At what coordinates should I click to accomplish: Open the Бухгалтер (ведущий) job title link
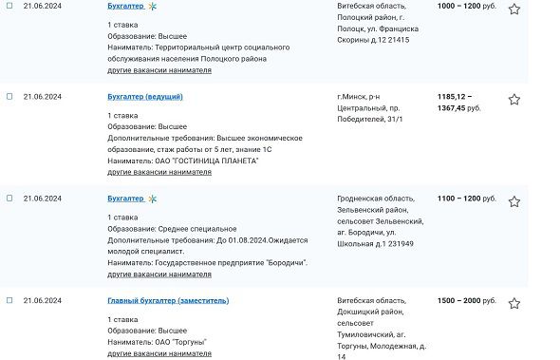[144, 97]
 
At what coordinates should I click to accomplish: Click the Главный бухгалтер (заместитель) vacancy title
[167, 301]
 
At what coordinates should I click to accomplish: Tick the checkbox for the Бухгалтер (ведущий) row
[9, 97]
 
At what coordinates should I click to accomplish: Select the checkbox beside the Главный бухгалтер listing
[9, 301]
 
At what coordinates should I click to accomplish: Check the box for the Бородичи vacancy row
[9, 199]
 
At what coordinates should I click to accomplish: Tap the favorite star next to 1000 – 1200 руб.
[514, 9]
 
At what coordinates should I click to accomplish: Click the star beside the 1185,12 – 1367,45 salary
[514, 100]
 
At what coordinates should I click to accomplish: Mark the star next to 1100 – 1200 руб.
[514, 201]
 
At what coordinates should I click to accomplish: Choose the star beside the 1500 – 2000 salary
[514, 304]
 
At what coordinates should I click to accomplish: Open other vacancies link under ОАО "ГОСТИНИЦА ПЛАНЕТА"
[159, 172]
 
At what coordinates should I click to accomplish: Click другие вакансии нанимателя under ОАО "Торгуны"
[159, 353]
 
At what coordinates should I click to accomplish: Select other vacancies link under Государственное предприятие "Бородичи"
[159, 274]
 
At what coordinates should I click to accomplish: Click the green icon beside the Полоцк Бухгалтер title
[152, 6]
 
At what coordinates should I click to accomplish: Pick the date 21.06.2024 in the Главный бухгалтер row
[42, 301]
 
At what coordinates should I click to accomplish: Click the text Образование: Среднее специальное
[171, 229]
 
